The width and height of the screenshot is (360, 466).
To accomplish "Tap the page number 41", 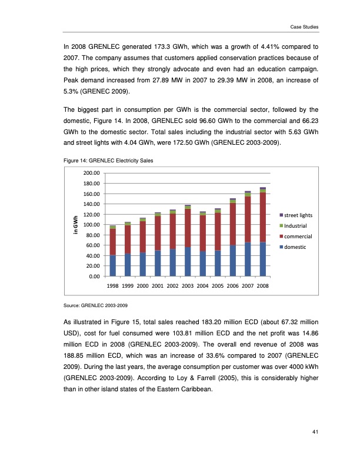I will tap(315, 434).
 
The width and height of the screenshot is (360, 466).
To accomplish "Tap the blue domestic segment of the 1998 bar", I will tap(112, 265).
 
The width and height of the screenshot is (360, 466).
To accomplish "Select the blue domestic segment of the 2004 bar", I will tap(202, 264).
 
